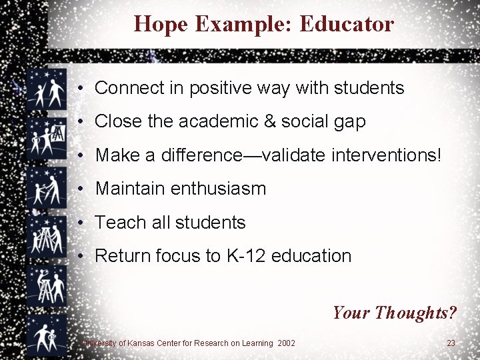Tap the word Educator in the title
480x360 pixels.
[x=347, y=24]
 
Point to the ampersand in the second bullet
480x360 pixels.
[x=269, y=121]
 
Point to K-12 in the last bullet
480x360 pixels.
[x=242, y=256]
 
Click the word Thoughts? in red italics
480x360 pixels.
[x=415, y=312]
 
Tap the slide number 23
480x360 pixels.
[x=451, y=343]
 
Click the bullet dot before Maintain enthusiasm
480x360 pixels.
[x=79, y=189]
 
